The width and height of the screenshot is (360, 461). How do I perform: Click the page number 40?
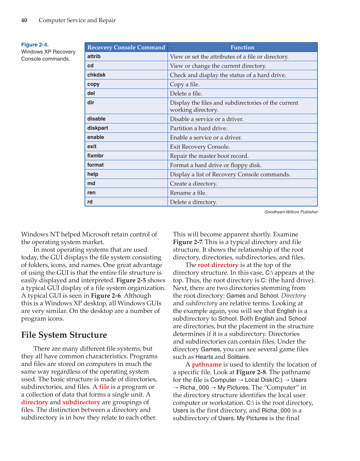point(24,20)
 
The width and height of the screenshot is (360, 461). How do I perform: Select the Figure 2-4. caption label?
point(35,45)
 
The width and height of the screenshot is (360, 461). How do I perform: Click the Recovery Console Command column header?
point(126,47)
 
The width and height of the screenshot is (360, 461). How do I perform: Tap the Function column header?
point(242,47)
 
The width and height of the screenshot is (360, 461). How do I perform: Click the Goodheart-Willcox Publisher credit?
point(291,212)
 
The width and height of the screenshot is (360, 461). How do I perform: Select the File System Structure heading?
point(64,335)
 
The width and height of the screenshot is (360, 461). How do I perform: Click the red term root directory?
point(218,265)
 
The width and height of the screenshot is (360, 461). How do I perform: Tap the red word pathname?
point(207,364)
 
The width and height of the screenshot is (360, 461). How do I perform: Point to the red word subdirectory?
point(81,402)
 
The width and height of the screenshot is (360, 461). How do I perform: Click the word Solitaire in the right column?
point(238,357)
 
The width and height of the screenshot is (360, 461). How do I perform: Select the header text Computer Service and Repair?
point(77,20)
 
